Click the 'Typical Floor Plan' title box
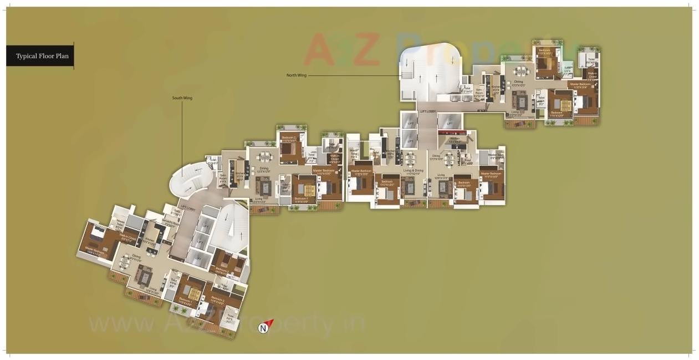tap(39, 56)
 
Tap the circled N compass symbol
tap(263, 328)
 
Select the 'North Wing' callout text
tap(296, 75)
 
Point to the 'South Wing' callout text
tap(182, 98)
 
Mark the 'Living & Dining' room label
tap(413, 171)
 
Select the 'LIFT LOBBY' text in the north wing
tap(428, 112)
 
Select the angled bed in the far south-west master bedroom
tap(95, 233)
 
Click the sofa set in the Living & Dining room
tap(409, 186)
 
